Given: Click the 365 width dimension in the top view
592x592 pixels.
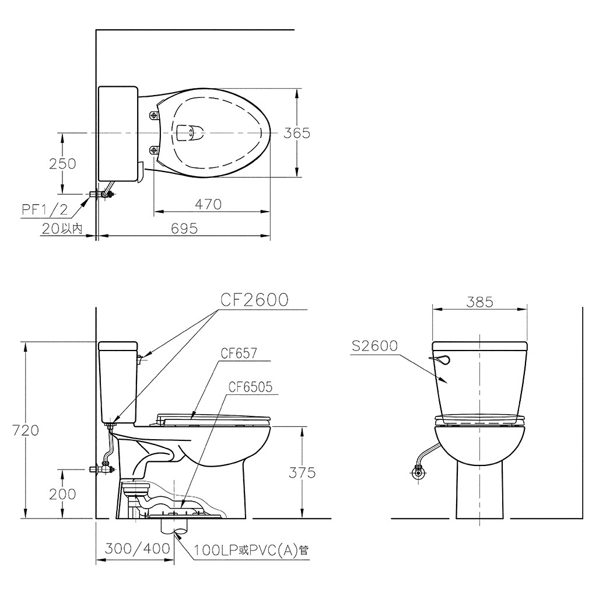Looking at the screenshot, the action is click(x=297, y=133).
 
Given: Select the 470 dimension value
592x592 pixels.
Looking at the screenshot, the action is click(x=208, y=204).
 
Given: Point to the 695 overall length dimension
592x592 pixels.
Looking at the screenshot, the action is click(x=184, y=229).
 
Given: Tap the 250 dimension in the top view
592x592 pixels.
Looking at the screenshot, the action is click(x=62, y=163).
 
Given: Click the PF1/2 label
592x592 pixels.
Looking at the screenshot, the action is click(x=44, y=209).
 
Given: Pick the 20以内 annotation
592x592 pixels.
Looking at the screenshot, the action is click(x=62, y=229).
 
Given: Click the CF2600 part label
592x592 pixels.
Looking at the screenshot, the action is click(x=254, y=300).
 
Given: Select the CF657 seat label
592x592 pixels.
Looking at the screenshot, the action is click(x=239, y=353).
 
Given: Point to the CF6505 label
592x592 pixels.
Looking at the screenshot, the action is click(x=250, y=387).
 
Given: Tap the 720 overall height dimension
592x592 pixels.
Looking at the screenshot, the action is click(x=26, y=430).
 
